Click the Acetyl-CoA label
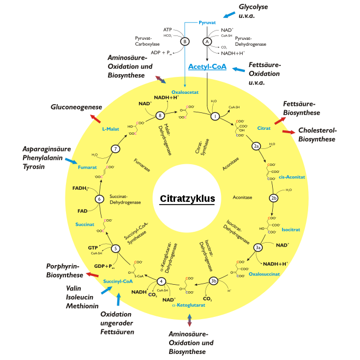pyautogui.click(x=206, y=67)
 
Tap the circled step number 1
pyautogui.click(x=215, y=116)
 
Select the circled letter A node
pyautogui.click(x=207, y=41)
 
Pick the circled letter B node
pyautogui.click(x=185, y=41)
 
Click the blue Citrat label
pyautogui.click(x=264, y=129)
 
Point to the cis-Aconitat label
pyautogui.click(x=291, y=177)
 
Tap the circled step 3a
pyautogui.click(x=259, y=247)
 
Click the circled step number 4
pyautogui.click(x=161, y=281)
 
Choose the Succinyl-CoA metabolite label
pyautogui.click(x=118, y=281)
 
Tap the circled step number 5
pyautogui.click(x=116, y=249)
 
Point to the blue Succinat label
pyautogui.click(x=85, y=224)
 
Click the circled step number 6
pyautogui.click(x=99, y=199)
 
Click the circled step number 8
pyautogui.click(x=160, y=116)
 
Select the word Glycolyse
pyautogui.click(x=254, y=7)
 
